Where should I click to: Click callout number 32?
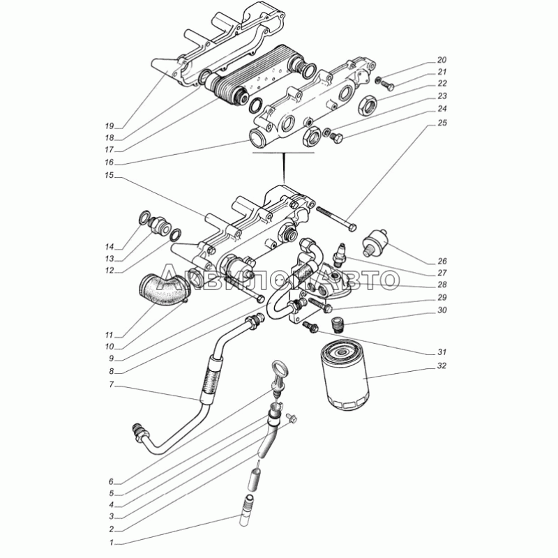[x=442, y=365]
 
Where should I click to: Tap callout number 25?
[x=442, y=123]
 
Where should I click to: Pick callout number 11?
[x=109, y=335]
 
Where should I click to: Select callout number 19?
[x=109, y=126]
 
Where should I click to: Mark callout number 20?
[x=442, y=60]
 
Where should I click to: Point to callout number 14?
[x=109, y=247]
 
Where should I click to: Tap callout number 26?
[x=442, y=262]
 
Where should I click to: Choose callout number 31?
[x=442, y=351]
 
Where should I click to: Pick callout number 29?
[x=442, y=298]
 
